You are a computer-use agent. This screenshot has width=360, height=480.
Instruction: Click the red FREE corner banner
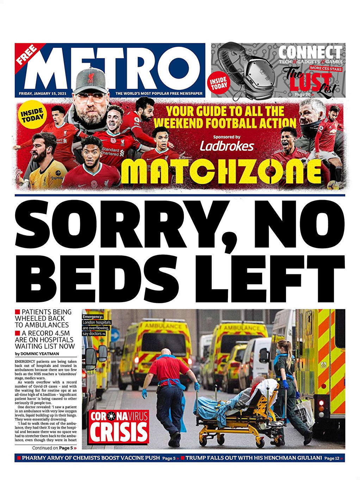coord(27,54)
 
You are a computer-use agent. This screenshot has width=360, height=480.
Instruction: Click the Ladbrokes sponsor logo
coord(227,146)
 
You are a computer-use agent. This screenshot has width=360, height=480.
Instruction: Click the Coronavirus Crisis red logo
coord(118,426)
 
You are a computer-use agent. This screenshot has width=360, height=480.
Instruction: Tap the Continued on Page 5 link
coord(54,448)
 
